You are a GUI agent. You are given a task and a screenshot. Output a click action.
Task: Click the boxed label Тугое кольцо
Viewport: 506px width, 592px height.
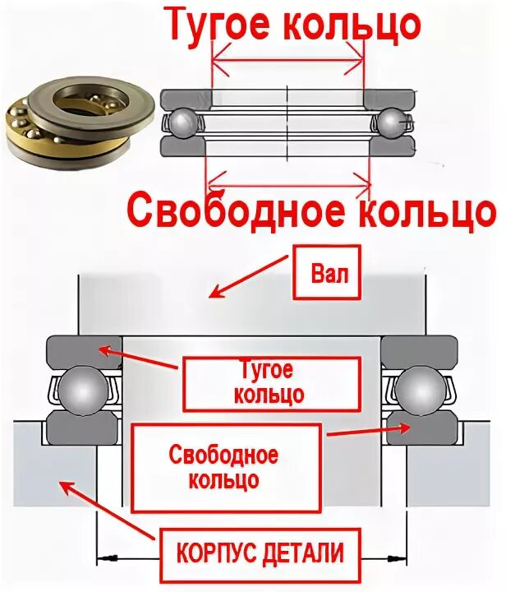click(270, 382)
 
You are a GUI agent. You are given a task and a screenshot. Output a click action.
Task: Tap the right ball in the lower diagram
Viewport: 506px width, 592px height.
click(421, 387)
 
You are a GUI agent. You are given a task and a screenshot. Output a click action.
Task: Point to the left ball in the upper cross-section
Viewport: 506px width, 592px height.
click(182, 123)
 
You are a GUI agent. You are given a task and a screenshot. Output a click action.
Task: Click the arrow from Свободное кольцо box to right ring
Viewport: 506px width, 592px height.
click(370, 431)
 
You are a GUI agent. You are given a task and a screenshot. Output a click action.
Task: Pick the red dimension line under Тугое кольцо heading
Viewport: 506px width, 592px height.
click(287, 57)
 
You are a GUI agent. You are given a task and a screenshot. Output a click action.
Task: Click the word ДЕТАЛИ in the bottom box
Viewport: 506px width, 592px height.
click(308, 553)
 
